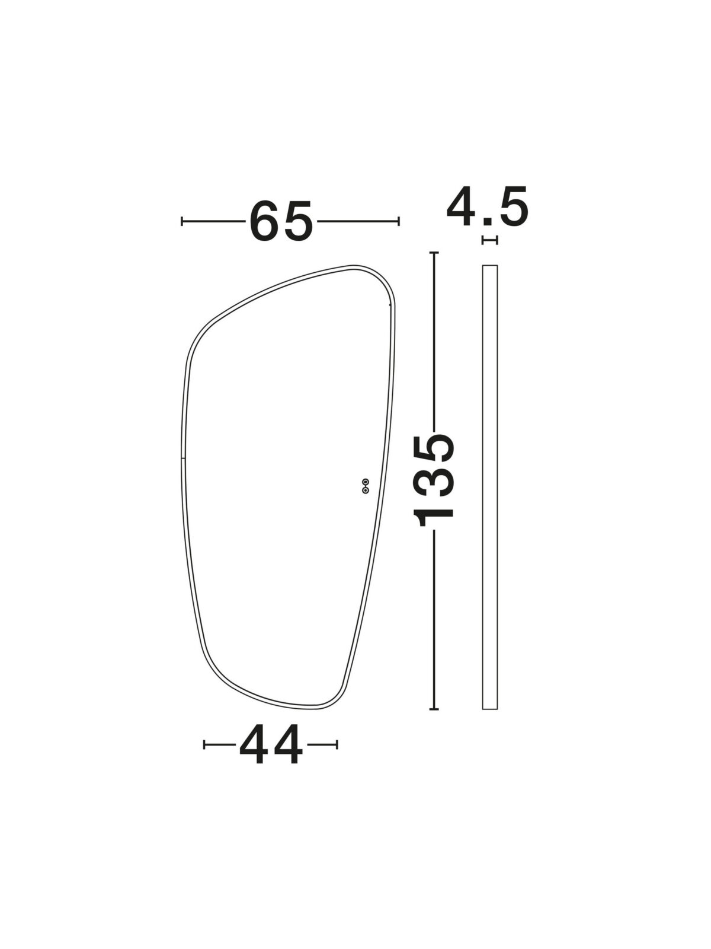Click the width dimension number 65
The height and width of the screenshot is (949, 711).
281,221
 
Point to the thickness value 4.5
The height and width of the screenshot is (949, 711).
488,206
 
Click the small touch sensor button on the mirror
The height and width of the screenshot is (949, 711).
366,486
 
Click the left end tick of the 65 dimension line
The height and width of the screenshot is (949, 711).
182,221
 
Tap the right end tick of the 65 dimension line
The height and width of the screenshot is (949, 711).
398,221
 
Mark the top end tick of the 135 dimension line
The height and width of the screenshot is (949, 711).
434,252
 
